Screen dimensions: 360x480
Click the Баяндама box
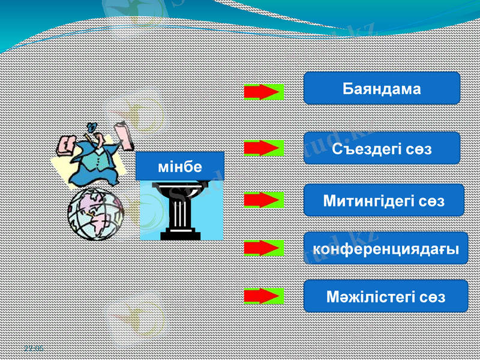click(382, 88)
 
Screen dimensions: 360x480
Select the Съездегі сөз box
click(382, 148)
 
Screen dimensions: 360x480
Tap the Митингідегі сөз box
click(384, 200)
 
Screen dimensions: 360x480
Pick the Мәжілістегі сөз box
click(385, 296)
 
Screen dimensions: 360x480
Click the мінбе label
click(179, 166)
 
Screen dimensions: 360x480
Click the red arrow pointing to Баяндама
click(263, 92)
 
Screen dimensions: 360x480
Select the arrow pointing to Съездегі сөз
click(263, 148)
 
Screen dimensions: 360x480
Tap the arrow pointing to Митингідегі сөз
click(263, 200)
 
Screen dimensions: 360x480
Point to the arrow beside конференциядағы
click(263, 248)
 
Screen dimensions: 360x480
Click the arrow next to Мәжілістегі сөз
click(263, 296)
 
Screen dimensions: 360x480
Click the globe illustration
click(95, 214)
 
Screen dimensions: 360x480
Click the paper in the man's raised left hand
click(65, 145)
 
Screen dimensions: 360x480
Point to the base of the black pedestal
click(180, 235)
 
